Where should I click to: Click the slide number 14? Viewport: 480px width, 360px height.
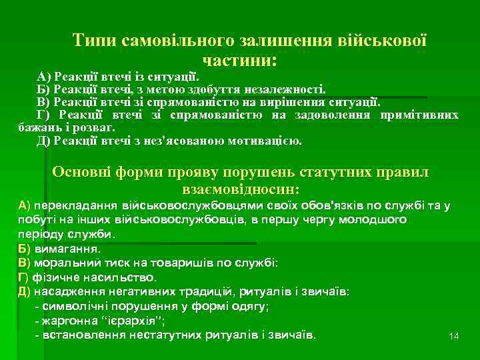tap(454, 336)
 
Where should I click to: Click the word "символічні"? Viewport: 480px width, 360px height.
tap(73, 306)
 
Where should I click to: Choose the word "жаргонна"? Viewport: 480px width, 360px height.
tap(69, 320)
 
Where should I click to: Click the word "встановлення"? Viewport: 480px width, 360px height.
tap(80, 334)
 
